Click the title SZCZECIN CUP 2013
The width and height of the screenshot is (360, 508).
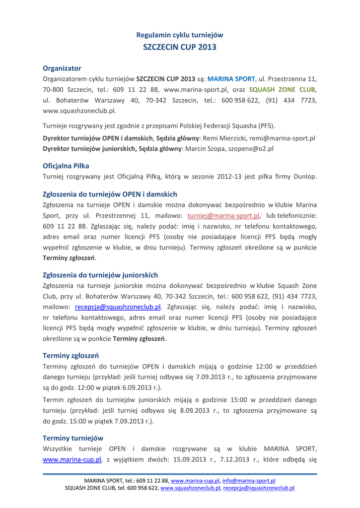(180, 47)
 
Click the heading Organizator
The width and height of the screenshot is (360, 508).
(62, 67)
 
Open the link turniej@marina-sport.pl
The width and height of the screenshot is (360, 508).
(224, 216)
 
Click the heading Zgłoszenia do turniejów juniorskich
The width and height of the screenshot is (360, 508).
(101, 274)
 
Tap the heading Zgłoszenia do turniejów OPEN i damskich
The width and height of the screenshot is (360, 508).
(110, 193)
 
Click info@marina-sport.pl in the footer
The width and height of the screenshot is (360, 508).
(249, 481)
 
